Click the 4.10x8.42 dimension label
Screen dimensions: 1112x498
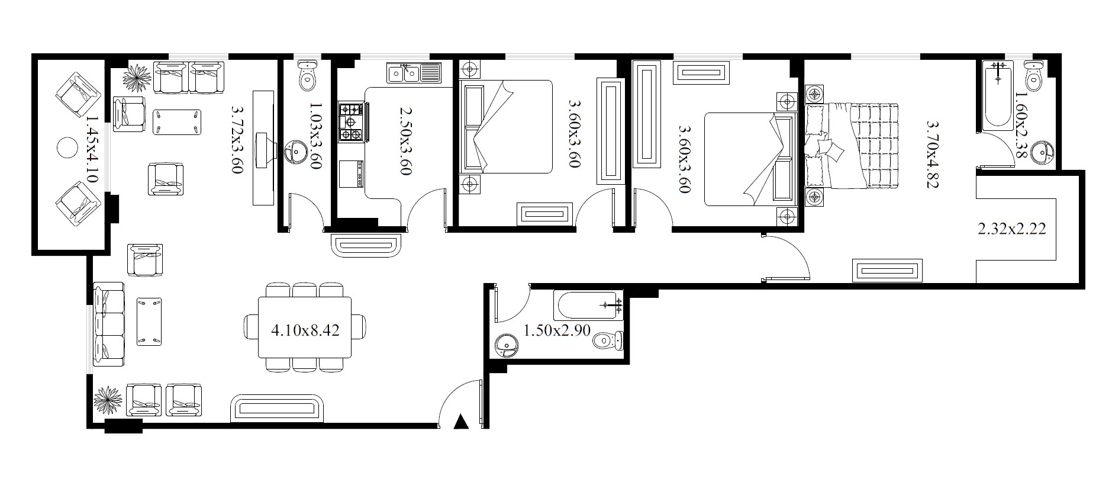pyautogui.click(x=305, y=330)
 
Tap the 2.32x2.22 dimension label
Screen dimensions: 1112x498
pyautogui.click(x=1011, y=229)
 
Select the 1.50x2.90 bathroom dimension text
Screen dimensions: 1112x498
pyautogui.click(x=557, y=330)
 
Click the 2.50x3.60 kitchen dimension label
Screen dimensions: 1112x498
pyautogui.click(x=405, y=140)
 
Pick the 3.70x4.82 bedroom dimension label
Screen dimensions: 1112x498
pyautogui.click(x=933, y=154)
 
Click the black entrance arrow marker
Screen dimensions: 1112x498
pyautogui.click(x=460, y=422)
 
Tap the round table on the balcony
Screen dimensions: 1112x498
pyautogui.click(x=67, y=147)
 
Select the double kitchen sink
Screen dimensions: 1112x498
pyautogui.click(x=414, y=72)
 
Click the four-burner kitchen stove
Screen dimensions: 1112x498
pyautogui.click(x=351, y=122)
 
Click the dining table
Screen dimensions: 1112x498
pyautogui.click(x=305, y=327)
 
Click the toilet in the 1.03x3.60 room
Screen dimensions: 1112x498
pyautogui.click(x=307, y=75)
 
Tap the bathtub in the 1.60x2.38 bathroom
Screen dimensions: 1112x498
pyautogui.click(x=998, y=95)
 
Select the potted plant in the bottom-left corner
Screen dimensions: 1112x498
pyautogui.click(x=108, y=401)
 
